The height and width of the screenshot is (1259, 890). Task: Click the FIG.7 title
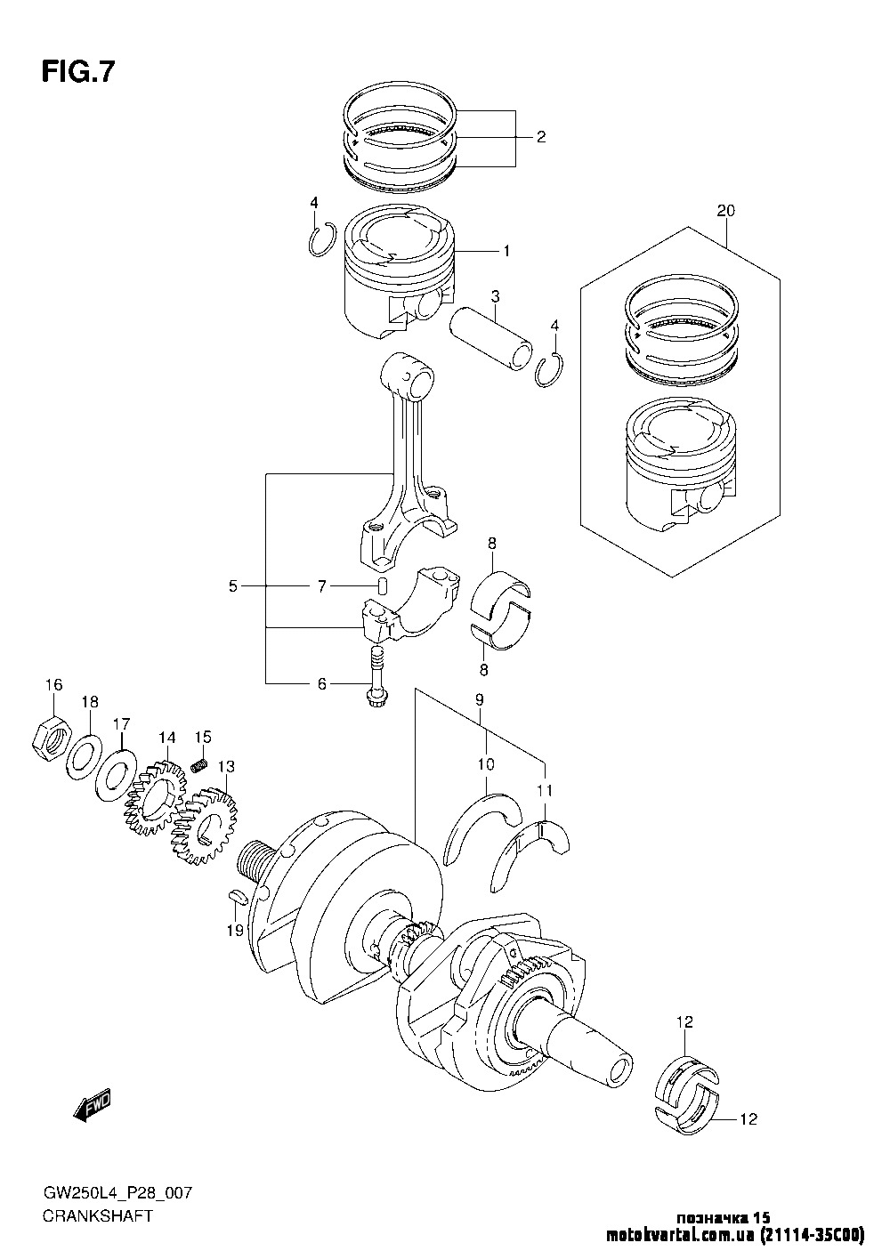[77, 71]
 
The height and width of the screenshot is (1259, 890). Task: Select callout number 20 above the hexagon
[725, 212]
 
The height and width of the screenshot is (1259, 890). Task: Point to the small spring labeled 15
[200, 764]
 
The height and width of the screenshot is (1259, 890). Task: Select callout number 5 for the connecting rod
[233, 585]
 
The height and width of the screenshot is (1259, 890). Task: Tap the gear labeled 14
[155, 795]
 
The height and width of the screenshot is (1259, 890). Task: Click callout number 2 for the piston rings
[540, 137]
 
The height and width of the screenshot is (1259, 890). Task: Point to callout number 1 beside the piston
[506, 252]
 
